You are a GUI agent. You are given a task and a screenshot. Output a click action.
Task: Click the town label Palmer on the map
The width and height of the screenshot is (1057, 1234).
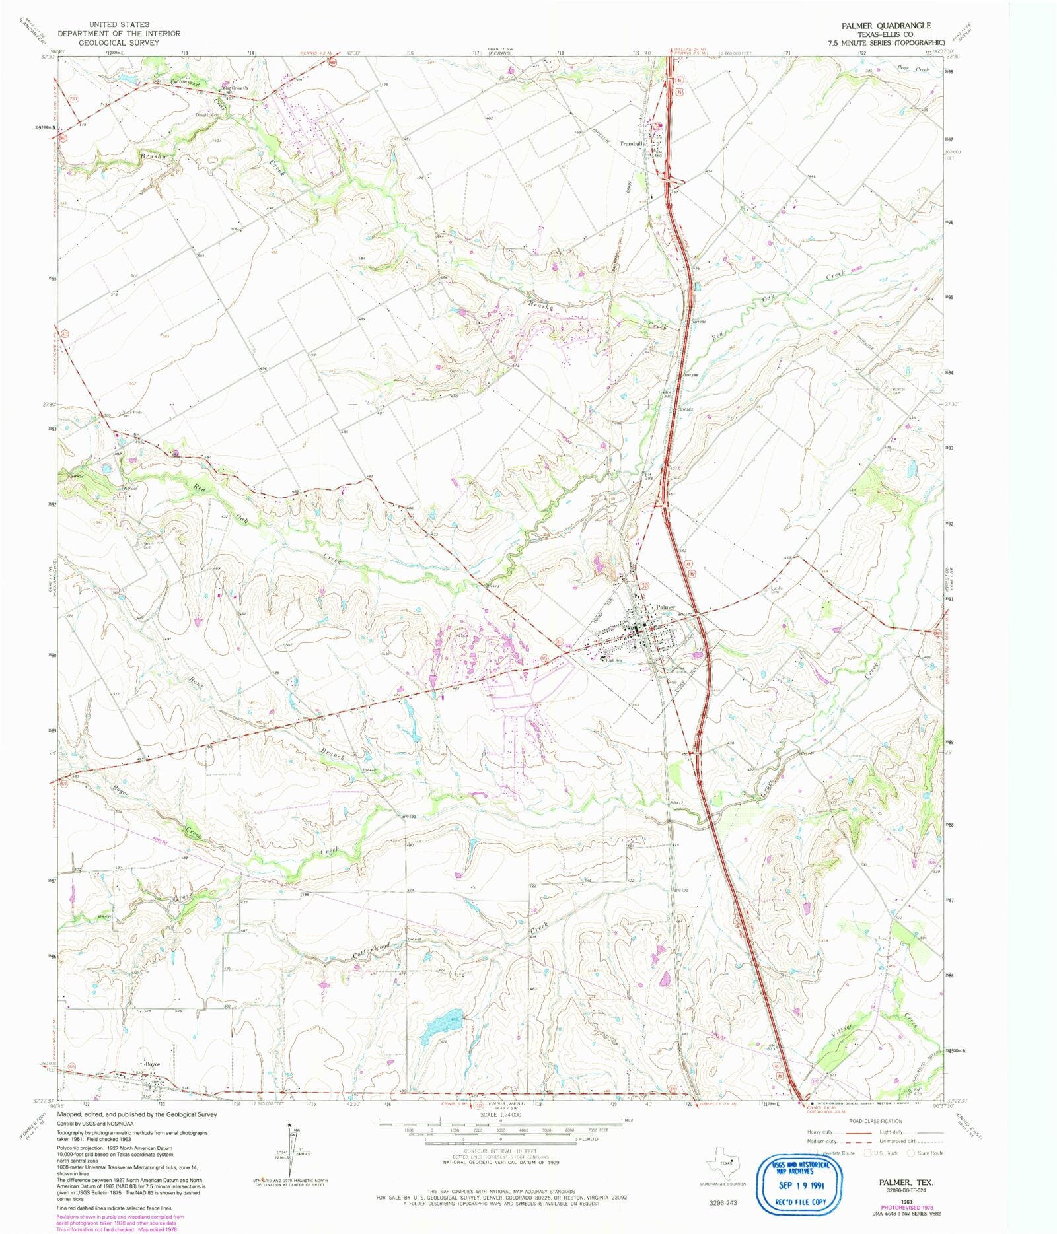coord(665,607)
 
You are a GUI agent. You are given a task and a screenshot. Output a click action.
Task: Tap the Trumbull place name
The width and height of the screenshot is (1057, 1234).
coord(632,143)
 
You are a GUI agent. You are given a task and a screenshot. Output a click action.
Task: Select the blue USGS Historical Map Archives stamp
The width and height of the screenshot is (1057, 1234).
coord(800,1184)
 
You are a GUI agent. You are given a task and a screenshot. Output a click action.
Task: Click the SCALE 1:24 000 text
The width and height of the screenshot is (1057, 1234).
coord(501,1114)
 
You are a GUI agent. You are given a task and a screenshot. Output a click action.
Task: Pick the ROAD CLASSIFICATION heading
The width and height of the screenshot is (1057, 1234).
coord(875,1121)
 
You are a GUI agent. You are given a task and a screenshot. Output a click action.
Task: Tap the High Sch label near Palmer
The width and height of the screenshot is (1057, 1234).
coord(614,660)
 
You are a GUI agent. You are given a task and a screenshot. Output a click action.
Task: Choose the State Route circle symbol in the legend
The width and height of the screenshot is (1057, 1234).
coord(911,1153)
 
